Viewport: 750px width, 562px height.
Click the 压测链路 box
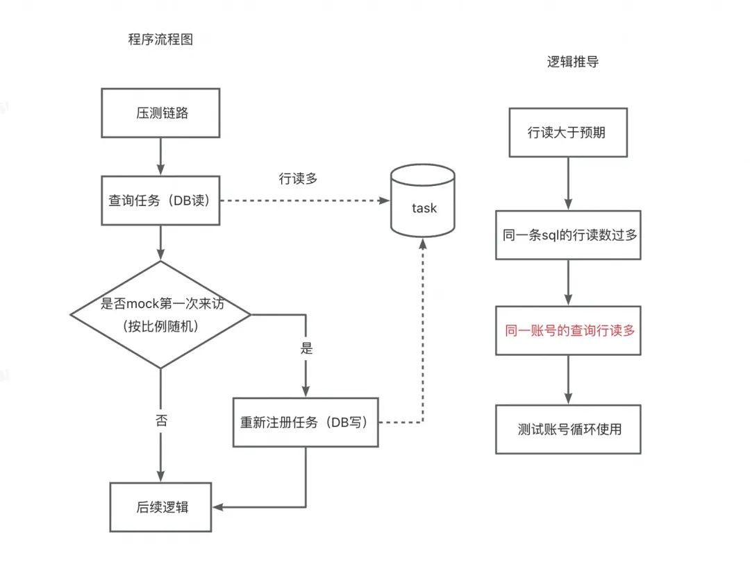160,113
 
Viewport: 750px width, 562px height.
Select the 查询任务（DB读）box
160,201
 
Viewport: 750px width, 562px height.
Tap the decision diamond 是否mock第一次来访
160,314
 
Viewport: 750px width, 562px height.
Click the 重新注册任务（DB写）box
306,422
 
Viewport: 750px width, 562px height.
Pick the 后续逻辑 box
160,507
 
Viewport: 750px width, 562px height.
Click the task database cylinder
423,201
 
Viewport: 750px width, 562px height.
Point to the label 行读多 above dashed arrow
298,179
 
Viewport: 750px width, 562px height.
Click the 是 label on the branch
306,348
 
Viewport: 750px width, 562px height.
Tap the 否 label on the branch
161,420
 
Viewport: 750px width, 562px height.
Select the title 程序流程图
160,39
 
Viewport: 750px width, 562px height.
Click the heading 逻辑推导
572,62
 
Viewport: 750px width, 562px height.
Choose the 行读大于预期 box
568,133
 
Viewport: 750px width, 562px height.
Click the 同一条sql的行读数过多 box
568,235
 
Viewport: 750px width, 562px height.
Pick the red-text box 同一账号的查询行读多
568,330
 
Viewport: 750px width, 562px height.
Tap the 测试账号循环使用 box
568,429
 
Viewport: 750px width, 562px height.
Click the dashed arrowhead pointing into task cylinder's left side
384,201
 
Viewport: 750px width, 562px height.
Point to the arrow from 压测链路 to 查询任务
160,157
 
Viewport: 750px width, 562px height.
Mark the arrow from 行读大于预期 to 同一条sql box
568,183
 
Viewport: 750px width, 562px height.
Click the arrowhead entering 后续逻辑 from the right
218,507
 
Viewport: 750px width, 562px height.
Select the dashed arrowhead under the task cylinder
423,244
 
